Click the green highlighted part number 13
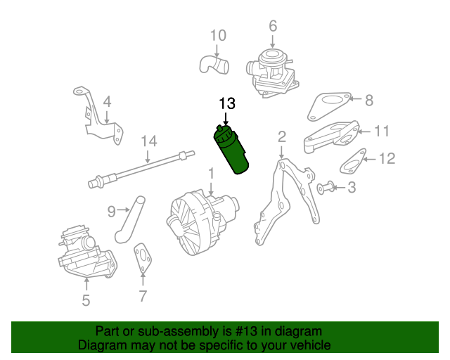pos(232,150)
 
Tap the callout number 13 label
pos(226,103)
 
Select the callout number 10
pos(218,35)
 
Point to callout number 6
pos(273,27)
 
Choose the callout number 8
pos(369,100)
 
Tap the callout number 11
pos(380,131)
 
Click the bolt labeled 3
pos(324,187)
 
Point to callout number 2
pos(281,136)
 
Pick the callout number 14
pos(148,141)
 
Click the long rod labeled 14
pos(141,168)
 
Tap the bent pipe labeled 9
pos(129,221)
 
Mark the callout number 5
pos(86,301)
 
